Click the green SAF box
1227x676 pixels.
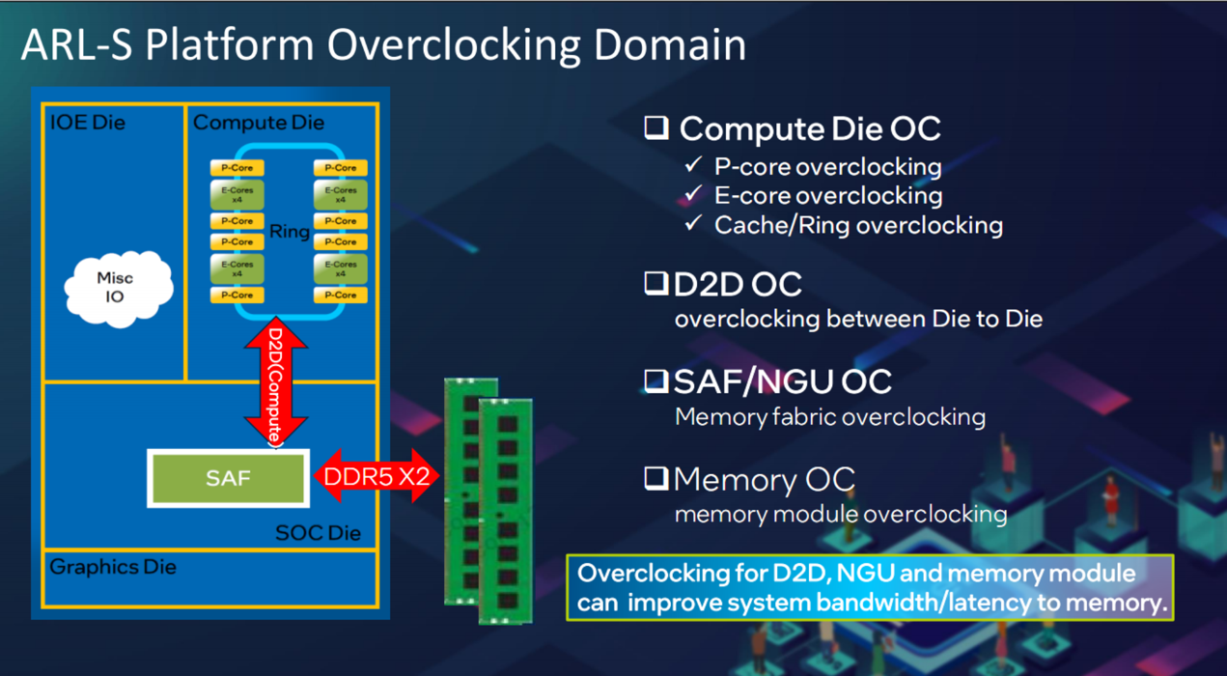[228, 478]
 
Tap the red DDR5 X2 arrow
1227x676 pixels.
[376, 476]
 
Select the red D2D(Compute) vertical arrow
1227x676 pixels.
[276, 381]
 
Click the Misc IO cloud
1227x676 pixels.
[116, 287]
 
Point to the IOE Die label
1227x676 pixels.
[88, 123]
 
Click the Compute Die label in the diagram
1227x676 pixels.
[259, 123]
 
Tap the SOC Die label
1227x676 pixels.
[318, 533]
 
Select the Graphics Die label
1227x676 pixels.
[113, 567]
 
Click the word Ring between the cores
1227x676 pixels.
[290, 231]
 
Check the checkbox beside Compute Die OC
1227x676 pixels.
[657, 128]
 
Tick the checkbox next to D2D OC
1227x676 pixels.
[656, 284]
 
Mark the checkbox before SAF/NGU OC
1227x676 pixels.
[656, 381]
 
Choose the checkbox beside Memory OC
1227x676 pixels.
[656, 478]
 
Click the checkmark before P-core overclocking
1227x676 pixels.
[693, 166]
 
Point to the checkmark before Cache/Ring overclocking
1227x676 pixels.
[693, 224]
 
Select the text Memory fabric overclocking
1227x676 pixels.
[829, 417]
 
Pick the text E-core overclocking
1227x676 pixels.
[827, 196]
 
